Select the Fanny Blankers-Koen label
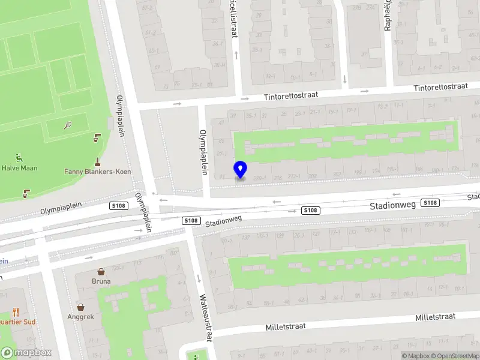pyautogui.click(x=97, y=172)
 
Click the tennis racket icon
pyautogui.click(x=68, y=126)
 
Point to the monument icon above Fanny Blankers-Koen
pyautogui.click(x=97, y=161)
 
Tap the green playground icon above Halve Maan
pyautogui.click(x=19, y=158)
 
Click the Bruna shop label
pyautogui.click(x=101, y=281)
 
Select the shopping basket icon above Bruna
pyautogui.click(x=101, y=271)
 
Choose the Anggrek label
pyautogui.click(x=80, y=316)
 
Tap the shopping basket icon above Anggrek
pyautogui.click(x=80, y=307)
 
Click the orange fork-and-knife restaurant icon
pyautogui.click(x=16, y=312)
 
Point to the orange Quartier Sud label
pyautogui.click(x=18, y=322)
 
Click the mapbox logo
pyautogui.click(x=26, y=353)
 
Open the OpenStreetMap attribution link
pyautogui.click(x=455, y=356)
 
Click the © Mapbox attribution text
pyautogui.click(x=416, y=356)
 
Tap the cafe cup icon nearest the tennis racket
pyautogui.click(x=97, y=139)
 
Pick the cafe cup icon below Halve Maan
pyautogui.click(x=26, y=193)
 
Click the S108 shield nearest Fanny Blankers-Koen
pyautogui.click(x=117, y=206)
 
